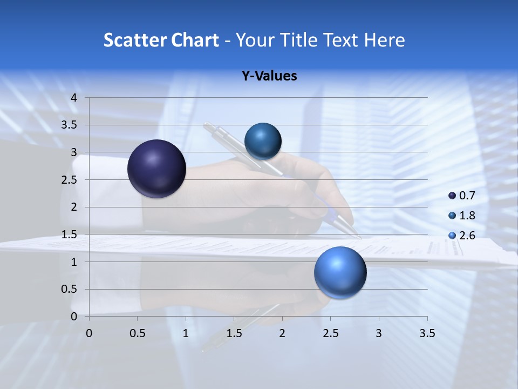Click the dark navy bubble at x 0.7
[157, 169]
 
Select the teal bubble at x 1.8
[263, 142]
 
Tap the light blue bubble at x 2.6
[340, 272]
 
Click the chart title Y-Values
[269, 76]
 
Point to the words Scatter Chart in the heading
[161, 40]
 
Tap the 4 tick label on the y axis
[74, 98]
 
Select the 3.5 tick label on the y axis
[70, 125]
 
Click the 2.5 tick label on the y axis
[70, 180]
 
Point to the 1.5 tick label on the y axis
[70, 234]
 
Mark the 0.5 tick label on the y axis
[70, 289]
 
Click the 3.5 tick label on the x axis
[427, 333]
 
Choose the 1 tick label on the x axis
[186, 333]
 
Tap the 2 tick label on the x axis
[282, 333]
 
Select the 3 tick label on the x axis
[379, 333]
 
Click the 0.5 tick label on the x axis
[138, 333]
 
